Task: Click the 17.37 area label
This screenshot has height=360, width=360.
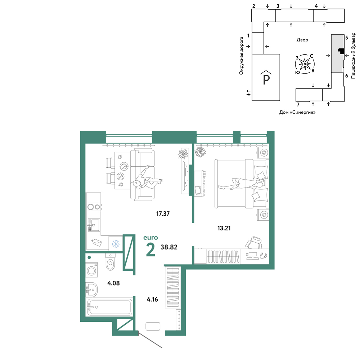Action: click(x=163, y=214)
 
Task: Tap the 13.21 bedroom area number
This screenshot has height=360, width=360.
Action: click(x=224, y=228)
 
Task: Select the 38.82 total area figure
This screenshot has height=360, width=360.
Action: click(x=169, y=247)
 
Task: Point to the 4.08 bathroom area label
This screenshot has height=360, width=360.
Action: click(x=113, y=283)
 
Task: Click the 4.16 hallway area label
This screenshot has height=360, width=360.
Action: click(x=152, y=300)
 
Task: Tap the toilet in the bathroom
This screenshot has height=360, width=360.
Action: click(x=111, y=262)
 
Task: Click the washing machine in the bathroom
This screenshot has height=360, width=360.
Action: click(x=91, y=270)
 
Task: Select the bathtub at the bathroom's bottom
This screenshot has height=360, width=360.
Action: click(x=109, y=307)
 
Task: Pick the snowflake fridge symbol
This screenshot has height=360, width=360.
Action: click(x=116, y=244)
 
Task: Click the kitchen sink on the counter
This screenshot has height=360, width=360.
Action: click(x=94, y=225)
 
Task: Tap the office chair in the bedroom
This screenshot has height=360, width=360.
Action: click(x=254, y=243)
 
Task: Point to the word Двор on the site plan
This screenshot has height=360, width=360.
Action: click(x=302, y=40)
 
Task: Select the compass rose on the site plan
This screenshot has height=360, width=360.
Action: click(x=305, y=64)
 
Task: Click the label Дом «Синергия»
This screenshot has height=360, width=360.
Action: click(x=297, y=112)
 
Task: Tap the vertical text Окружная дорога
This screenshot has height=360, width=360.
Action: click(x=241, y=56)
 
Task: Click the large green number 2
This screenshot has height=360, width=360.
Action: click(x=150, y=250)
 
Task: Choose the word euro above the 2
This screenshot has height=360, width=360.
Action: click(x=150, y=238)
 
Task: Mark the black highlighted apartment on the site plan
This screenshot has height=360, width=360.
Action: click(x=342, y=51)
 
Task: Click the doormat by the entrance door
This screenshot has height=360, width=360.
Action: click(x=153, y=326)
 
